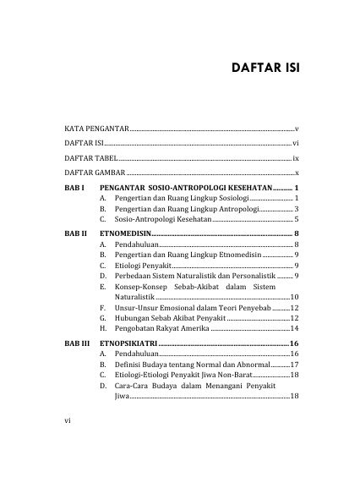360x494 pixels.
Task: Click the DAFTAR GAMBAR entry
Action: [x=95, y=173]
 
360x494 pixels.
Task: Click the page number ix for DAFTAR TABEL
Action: [x=296, y=158]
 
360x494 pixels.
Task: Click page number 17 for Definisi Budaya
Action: [x=294, y=364]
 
